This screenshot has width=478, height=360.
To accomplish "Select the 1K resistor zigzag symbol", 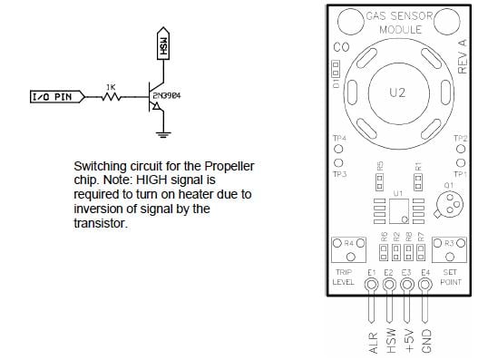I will [x=110, y=95].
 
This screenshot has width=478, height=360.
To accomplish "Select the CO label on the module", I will [x=341, y=47].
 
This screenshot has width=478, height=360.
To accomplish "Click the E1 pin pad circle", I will [x=372, y=286].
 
